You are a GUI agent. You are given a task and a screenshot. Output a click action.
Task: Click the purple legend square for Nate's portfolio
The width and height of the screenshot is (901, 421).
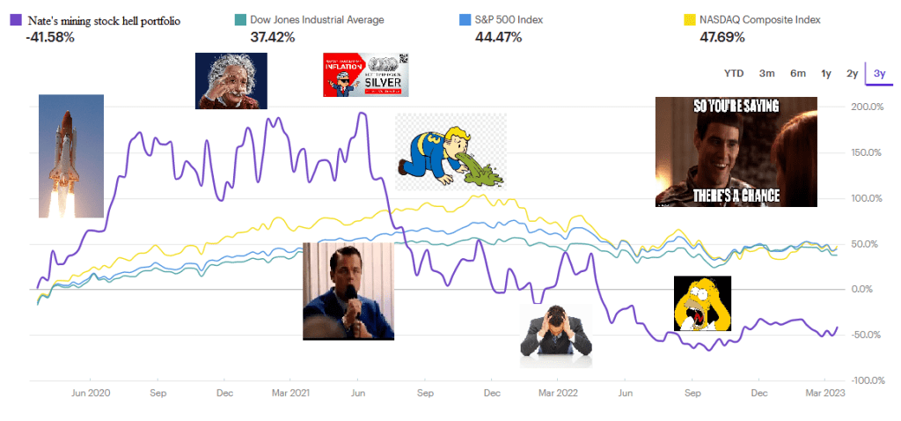coord(16,18)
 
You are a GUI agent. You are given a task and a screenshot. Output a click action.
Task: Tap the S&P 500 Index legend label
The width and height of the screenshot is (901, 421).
coord(516,18)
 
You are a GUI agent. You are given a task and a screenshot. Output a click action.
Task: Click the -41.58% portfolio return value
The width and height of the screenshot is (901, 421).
coord(50,37)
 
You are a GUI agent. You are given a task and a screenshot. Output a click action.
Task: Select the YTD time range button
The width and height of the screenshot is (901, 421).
coord(734,73)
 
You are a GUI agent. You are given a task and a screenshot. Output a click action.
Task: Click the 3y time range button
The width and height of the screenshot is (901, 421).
coord(879,73)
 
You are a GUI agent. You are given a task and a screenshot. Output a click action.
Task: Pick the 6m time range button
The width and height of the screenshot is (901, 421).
coord(798,73)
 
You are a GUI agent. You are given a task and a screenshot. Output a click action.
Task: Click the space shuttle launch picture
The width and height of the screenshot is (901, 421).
coord(70,156)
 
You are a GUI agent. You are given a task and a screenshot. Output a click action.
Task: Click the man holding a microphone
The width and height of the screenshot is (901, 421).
coord(348,291)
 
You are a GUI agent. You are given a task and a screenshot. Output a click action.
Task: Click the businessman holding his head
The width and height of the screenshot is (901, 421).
coord(555,335)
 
